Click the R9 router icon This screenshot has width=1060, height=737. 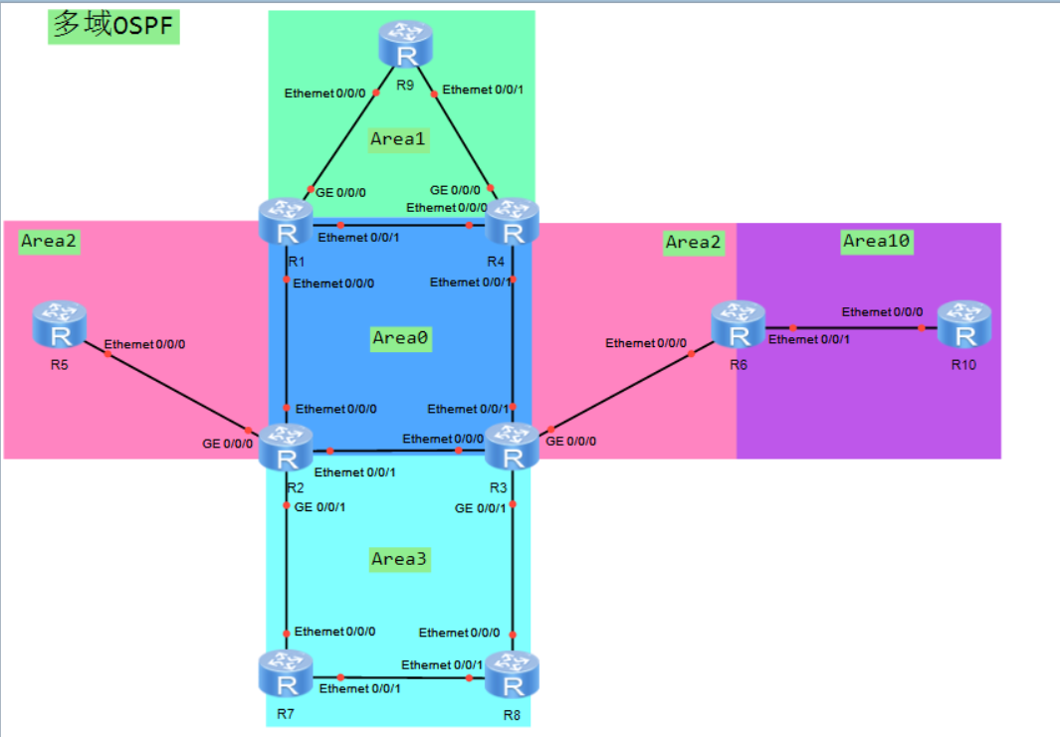click(404, 45)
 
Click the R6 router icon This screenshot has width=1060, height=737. click(738, 326)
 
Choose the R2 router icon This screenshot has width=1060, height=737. click(287, 448)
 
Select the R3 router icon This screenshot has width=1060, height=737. click(512, 448)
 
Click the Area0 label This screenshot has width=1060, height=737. click(400, 338)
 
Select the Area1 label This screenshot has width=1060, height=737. click(398, 139)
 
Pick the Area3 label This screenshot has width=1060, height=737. click(399, 559)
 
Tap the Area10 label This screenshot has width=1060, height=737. click(877, 241)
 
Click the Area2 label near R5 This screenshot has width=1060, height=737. click(49, 242)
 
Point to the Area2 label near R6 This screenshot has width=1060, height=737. click(694, 242)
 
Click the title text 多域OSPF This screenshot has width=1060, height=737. click(113, 27)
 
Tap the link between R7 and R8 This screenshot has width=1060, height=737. click(398, 677)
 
